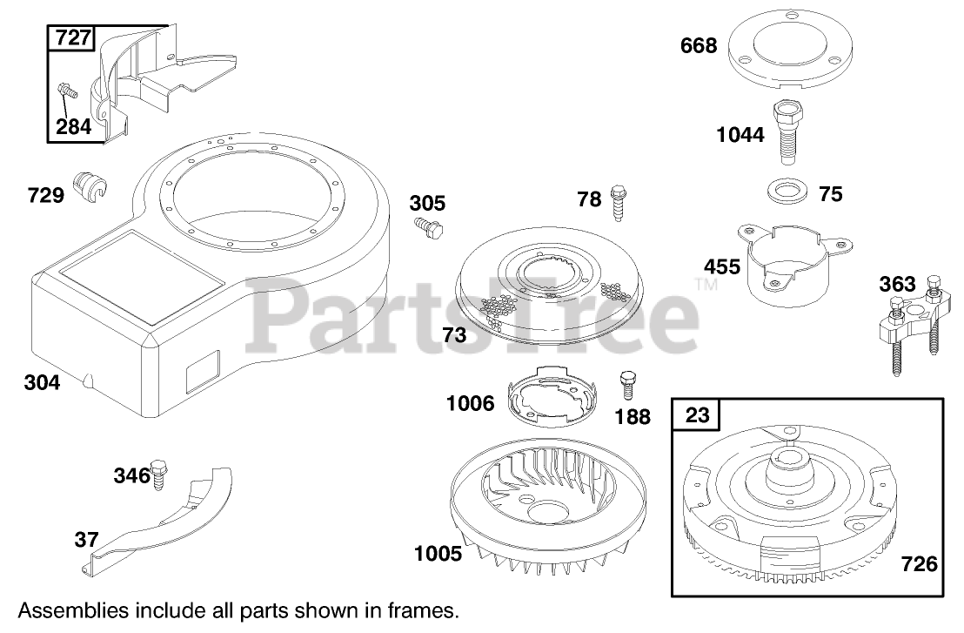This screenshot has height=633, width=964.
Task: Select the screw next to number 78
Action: coord(619,202)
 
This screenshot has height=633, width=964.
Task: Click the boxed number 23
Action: coord(698,415)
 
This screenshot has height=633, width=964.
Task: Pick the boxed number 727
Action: coord(73,38)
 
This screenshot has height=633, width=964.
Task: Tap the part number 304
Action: coord(44,382)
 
